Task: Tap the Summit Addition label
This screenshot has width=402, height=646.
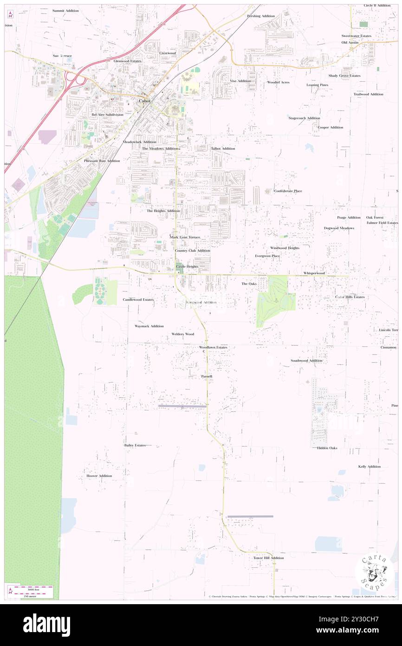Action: pos(65,10)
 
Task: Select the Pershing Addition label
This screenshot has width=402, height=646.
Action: pos(261,16)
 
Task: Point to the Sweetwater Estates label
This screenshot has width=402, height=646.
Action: pos(357,36)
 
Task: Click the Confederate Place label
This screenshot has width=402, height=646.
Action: pos(288,191)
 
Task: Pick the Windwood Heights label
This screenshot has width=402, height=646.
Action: pos(285,248)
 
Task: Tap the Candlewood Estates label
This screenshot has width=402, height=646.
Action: pos(138,300)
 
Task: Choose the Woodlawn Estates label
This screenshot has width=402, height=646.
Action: pos(213,347)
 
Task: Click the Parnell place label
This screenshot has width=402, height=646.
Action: pos(207,376)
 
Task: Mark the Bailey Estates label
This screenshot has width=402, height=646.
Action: pos(135,445)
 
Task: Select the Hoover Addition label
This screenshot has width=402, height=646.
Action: pos(99,476)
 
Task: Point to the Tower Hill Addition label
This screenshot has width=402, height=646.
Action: pos(268,558)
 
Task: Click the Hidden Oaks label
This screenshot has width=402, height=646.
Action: pos(327,448)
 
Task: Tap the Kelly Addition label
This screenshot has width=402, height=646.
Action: pos(370,466)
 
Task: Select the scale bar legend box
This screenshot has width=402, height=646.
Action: pos(31,591)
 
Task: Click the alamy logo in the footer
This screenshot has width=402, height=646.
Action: pos(47,625)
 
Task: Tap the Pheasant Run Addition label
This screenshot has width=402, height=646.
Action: pos(102,161)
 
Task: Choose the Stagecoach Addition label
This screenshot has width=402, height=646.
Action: pos(304,118)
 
